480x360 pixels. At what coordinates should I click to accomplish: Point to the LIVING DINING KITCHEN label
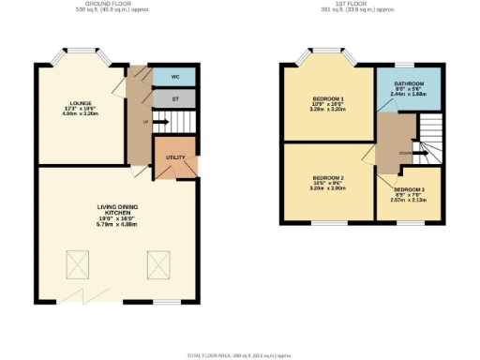(118, 217)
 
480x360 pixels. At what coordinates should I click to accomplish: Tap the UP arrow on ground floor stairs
(146, 121)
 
